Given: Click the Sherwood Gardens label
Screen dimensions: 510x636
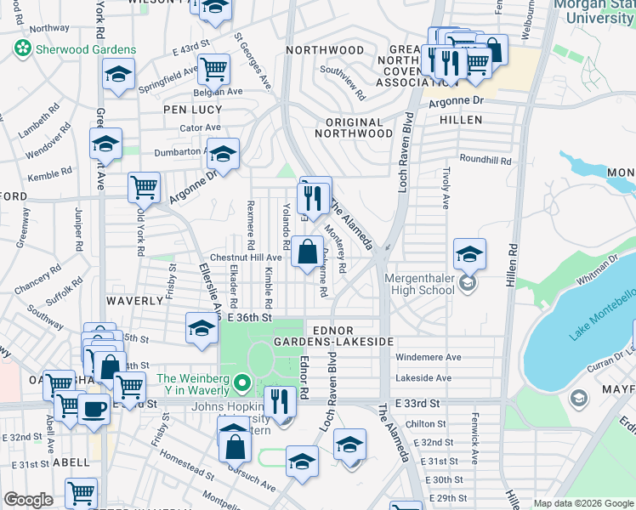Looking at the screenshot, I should point(79,49).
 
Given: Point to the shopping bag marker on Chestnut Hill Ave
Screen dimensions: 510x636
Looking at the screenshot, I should point(308,252).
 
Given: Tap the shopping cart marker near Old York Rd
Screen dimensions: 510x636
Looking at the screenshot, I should point(145,187).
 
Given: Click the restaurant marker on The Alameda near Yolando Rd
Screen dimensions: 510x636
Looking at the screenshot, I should point(315,197).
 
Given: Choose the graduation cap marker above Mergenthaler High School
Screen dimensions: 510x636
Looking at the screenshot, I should point(469,254).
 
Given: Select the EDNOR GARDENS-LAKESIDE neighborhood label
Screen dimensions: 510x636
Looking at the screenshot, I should point(333,335).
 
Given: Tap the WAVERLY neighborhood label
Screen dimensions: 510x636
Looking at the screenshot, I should point(134,301).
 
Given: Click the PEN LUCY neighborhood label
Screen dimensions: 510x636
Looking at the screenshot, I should point(193,110).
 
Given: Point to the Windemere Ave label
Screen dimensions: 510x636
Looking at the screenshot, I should point(429,357).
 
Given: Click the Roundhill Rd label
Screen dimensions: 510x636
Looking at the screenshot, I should point(486,160).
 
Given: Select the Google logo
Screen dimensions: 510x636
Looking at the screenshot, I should point(28,500).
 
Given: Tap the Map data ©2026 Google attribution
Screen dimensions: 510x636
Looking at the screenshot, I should point(583,503).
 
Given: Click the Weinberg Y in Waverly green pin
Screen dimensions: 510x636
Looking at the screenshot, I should point(241,385).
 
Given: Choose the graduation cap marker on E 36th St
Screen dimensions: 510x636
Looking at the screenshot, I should point(202,329).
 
